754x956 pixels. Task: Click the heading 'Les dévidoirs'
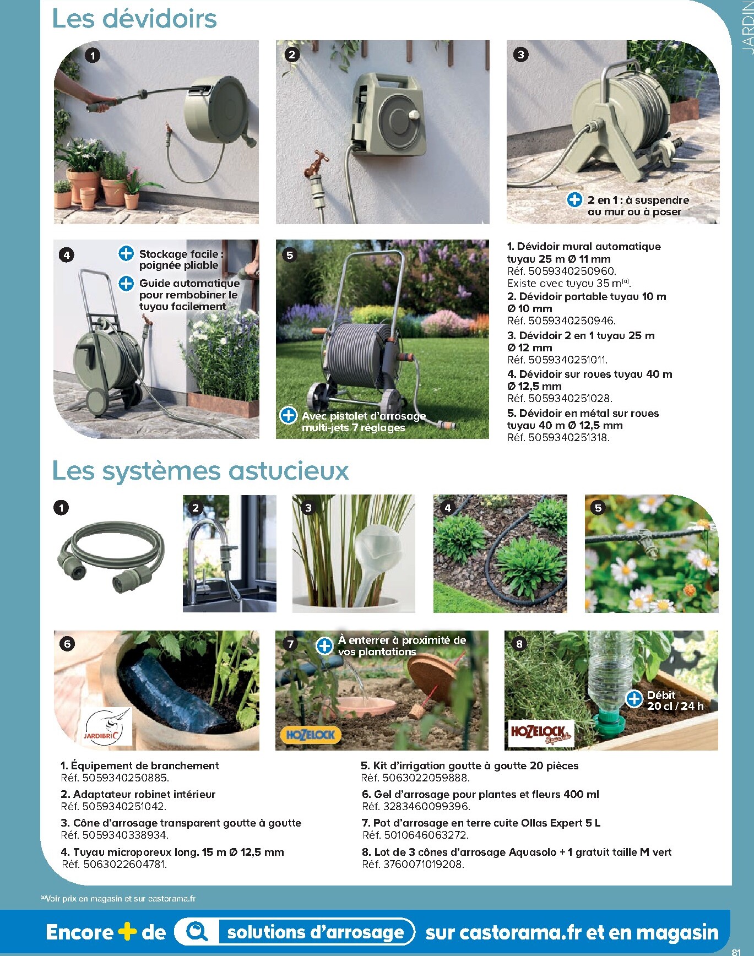pyautogui.click(x=134, y=19)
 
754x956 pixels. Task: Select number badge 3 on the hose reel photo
pyautogui.click(x=520, y=55)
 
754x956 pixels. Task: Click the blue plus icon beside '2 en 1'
pyautogui.click(x=574, y=200)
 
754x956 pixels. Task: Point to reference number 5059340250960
pyautogui.click(x=572, y=271)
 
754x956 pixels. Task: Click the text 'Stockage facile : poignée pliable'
pyautogui.click(x=181, y=259)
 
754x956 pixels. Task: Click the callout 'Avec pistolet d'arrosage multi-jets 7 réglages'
pyautogui.click(x=364, y=422)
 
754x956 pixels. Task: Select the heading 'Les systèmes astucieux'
pyautogui.click(x=200, y=471)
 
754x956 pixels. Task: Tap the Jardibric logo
pyautogui.click(x=109, y=726)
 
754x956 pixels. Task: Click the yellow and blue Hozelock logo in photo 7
pyautogui.click(x=311, y=735)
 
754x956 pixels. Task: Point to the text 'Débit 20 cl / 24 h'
pyautogui.click(x=675, y=700)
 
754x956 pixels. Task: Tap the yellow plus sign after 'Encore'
pyautogui.click(x=127, y=932)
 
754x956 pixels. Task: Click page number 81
pyautogui.click(x=736, y=952)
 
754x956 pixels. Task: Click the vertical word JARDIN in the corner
pyautogui.click(x=746, y=28)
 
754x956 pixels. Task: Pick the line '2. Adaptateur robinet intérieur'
pyautogui.click(x=138, y=794)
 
